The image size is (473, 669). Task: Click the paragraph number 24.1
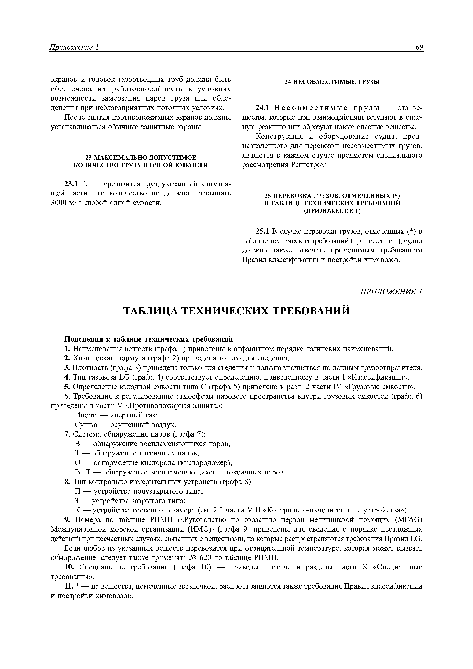pyautogui.click(x=262, y=108)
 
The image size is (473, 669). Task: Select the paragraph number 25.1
pyautogui.click(x=262, y=232)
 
